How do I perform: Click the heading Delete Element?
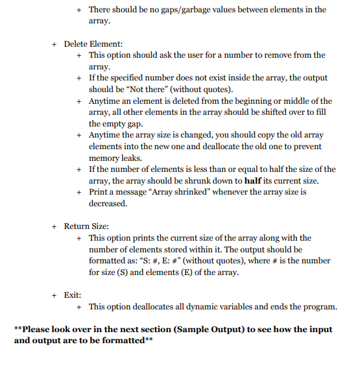coord(92,43)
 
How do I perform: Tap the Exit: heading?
coord(72,295)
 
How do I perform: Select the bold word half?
coord(255,181)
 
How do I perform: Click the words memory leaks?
coord(114,158)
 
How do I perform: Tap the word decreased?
coord(108,204)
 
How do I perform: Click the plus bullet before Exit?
coord(55,295)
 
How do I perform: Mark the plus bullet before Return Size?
coord(55,226)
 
